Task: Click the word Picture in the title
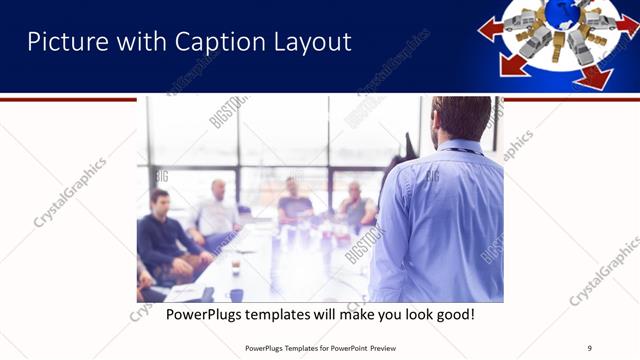pos(64,42)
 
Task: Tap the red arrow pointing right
pos(627,24)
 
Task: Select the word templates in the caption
pos(297,315)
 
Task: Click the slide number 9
pos(589,347)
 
